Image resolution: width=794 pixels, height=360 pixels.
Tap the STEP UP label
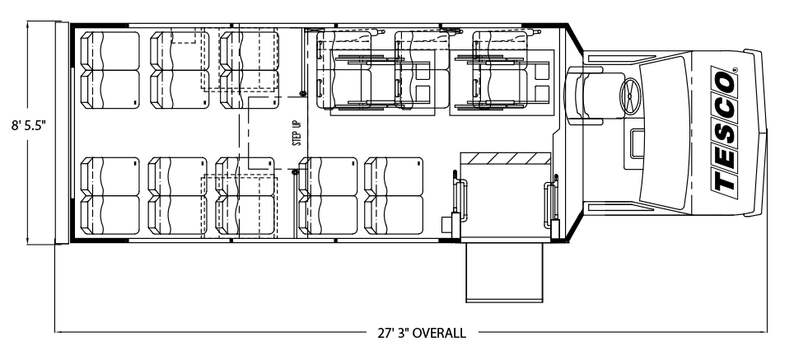(x=297, y=133)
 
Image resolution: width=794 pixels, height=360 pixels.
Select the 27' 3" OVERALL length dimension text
(x=422, y=333)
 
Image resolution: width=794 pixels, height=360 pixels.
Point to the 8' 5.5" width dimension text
(x=29, y=125)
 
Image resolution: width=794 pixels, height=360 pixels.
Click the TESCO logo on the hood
(x=725, y=129)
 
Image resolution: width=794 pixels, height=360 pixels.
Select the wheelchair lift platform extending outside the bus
(x=504, y=273)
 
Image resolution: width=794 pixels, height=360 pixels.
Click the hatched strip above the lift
(x=505, y=158)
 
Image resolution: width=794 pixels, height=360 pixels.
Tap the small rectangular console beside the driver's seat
(x=637, y=143)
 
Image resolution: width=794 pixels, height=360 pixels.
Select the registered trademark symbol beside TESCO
(x=735, y=69)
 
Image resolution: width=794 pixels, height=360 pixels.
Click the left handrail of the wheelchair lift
(x=460, y=198)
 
